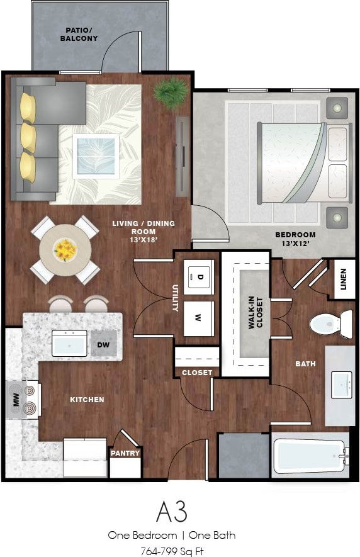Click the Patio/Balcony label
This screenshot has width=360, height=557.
tap(79, 34)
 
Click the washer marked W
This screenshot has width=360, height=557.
tap(197, 318)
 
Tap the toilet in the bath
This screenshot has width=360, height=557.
tap(330, 324)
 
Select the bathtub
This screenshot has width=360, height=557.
tap(310, 455)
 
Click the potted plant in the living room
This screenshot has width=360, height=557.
tap(170, 93)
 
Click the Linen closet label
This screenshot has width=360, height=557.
tap(343, 279)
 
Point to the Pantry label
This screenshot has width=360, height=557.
tap(125, 453)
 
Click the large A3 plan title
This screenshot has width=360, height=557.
tap(171, 511)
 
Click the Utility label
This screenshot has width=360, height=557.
tap(176, 297)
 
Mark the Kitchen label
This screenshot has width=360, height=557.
tap(87, 400)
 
